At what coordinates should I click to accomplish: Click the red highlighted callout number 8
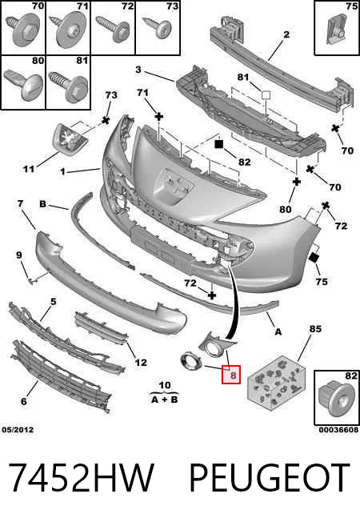[233, 375]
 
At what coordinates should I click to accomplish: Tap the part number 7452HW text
[81, 478]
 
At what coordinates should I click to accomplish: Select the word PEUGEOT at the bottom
[269, 478]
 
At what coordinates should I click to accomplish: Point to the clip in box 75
[336, 30]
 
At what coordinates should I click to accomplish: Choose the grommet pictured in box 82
[334, 400]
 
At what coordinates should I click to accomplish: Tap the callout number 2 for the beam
[286, 34]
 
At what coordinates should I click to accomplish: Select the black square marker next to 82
[218, 144]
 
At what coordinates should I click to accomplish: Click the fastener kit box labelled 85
[276, 383]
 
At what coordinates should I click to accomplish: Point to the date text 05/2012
[18, 430]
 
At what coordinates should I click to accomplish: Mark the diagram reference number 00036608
[338, 430]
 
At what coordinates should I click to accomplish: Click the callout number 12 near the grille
[141, 362]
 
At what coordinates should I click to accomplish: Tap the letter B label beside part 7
[43, 203]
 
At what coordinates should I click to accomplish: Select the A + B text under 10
[165, 400]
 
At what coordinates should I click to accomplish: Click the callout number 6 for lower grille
[24, 401]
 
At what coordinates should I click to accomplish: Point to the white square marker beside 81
[266, 95]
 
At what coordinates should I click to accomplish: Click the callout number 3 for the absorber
[138, 70]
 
